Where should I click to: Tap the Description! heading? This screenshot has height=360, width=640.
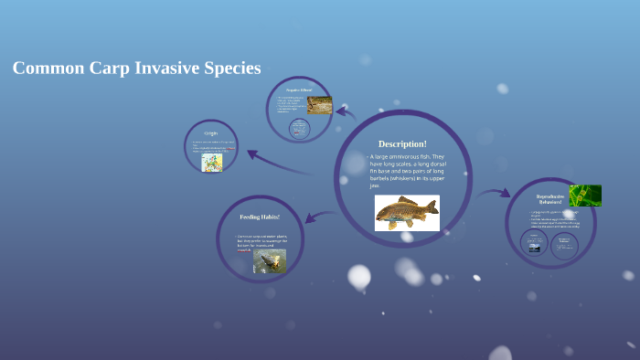point(402,143)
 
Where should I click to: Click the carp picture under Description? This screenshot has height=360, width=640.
point(407,213)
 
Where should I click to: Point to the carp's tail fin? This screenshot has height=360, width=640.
point(381,215)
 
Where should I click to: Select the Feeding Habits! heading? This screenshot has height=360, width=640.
point(260,217)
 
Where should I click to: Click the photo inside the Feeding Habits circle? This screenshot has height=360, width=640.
point(270,261)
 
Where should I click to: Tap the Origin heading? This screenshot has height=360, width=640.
point(211,133)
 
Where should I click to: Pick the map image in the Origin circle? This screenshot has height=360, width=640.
point(212,162)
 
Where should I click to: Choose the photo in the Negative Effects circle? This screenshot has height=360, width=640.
point(319,105)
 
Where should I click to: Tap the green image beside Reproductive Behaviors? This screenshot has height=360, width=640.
point(585,196)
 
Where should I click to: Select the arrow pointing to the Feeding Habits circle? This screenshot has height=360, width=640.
point(315,217)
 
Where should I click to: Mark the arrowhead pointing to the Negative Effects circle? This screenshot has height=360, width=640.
point(342,112)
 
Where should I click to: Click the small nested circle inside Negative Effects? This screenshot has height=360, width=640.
point(300,129)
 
